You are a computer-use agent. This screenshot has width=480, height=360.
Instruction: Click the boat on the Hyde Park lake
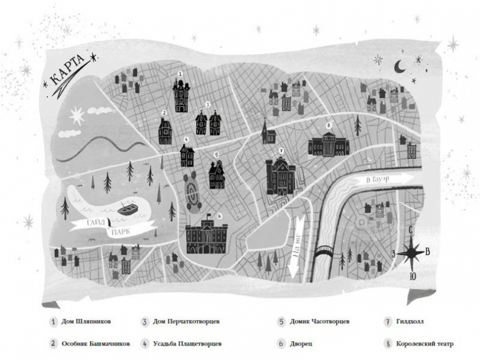click(126, 209)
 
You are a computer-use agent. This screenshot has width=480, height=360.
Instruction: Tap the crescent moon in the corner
click(399, 66)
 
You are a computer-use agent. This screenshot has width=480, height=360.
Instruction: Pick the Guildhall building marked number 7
click(280, 175)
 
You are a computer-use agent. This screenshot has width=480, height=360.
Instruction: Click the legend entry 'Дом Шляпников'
click(86, 322)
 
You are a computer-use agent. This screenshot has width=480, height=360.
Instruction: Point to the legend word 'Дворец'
click(303, 344)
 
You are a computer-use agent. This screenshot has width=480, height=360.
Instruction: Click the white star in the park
click(77, 115)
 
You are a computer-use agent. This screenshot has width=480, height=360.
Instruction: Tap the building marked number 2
click(165, 131)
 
